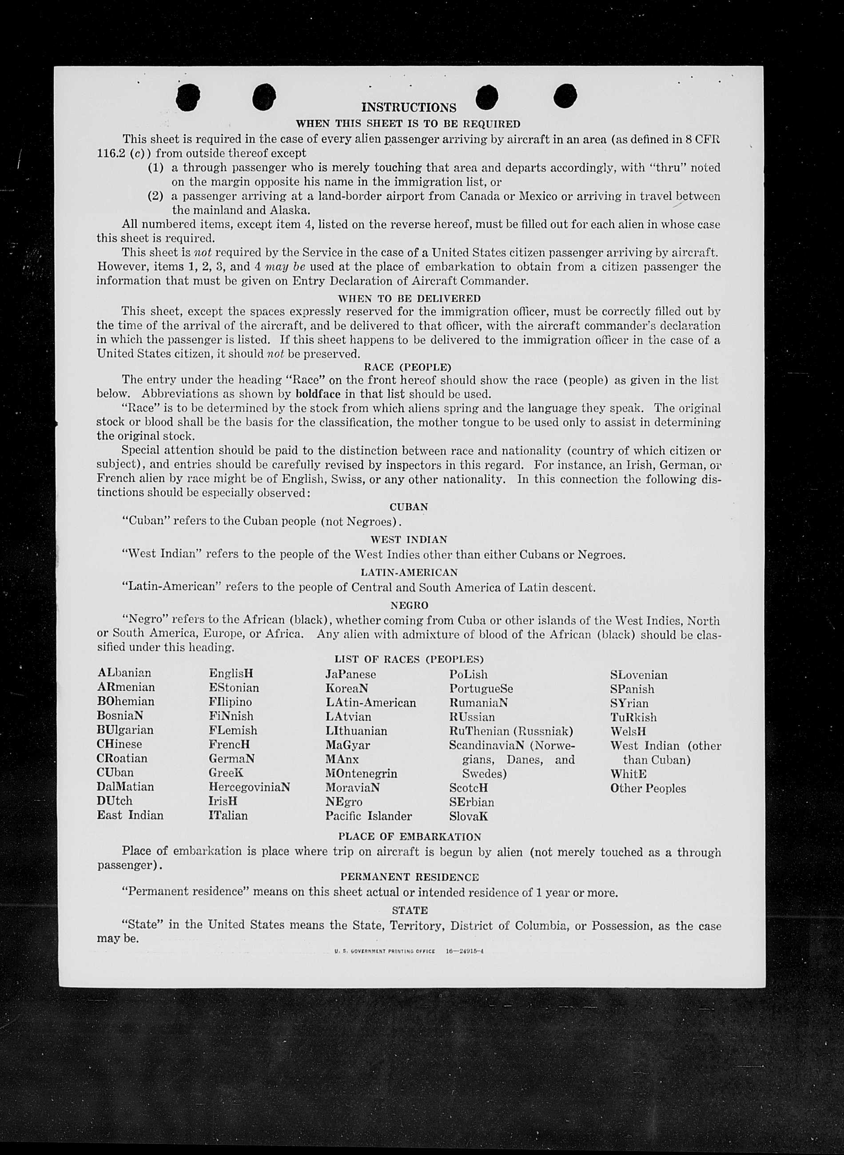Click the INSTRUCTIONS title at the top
click(409, 108)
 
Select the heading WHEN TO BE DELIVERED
click(409, 298)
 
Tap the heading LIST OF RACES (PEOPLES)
click(409, 659)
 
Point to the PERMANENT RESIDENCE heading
click(409, 877)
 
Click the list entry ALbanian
click(124, 673)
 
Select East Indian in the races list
click(130, 815)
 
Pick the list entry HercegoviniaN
click(249, 787)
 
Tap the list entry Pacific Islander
click(368, 816)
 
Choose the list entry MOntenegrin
click(361, 773)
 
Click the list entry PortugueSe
click(481, 688)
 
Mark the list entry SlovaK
click(469, 816)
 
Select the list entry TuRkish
click(633, 717)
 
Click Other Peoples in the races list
click(648, 788)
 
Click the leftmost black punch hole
click(187, 96)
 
